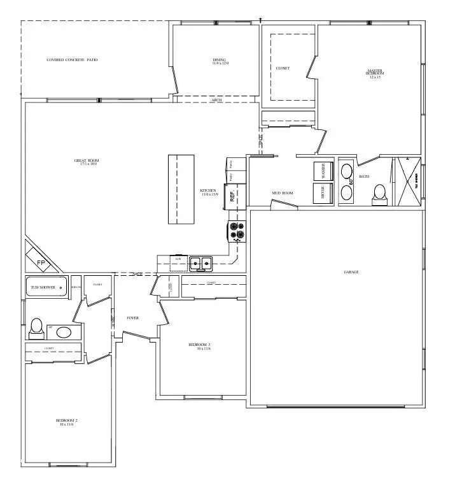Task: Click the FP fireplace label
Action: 40,262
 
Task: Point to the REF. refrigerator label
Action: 233,195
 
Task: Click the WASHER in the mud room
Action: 323,171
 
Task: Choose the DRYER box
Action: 323,192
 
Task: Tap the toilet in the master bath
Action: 381,192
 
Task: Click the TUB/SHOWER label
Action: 45,287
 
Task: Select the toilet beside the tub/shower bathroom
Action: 36,327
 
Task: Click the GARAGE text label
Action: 351,272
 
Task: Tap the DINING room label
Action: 220,61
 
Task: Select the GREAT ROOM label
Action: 90,162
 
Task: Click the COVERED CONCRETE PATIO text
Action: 72,61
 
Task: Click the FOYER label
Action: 132,318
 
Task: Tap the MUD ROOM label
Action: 282,193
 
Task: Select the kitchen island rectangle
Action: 181,189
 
